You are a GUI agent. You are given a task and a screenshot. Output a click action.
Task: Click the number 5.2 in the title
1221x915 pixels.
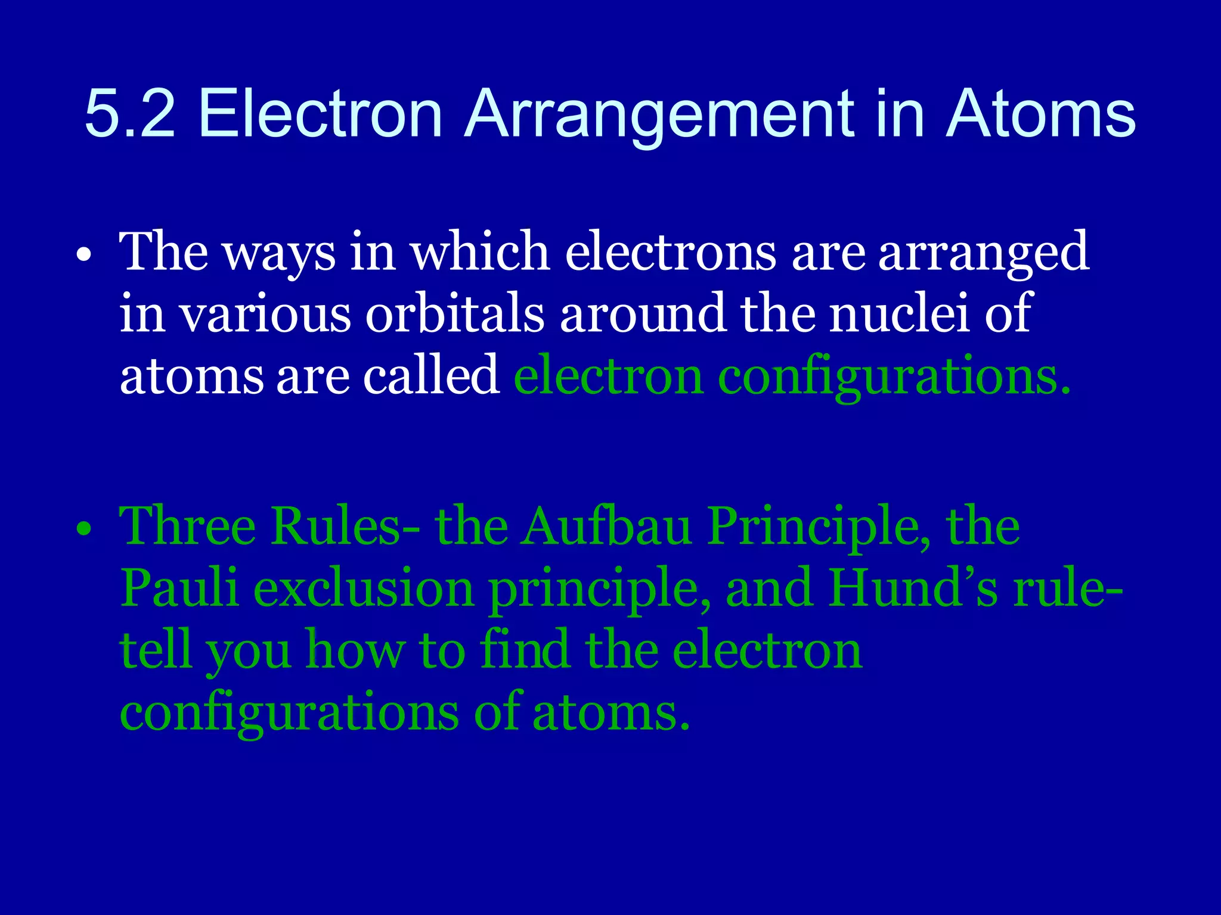[130, 113]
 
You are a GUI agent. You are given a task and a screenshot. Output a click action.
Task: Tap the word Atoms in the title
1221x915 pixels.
[1040, 113]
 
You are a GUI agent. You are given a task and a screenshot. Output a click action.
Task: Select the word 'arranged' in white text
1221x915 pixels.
[984, 253]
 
